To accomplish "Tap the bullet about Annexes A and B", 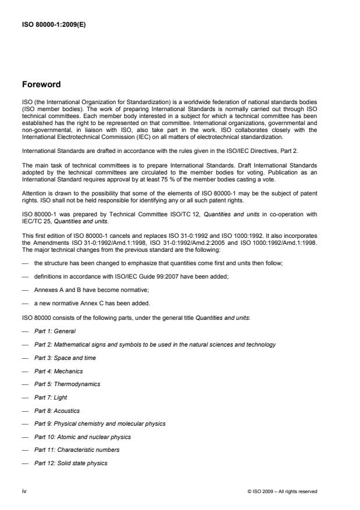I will click(x=87, y=291).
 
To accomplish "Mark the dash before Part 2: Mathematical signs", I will click(x=25, y=344).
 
